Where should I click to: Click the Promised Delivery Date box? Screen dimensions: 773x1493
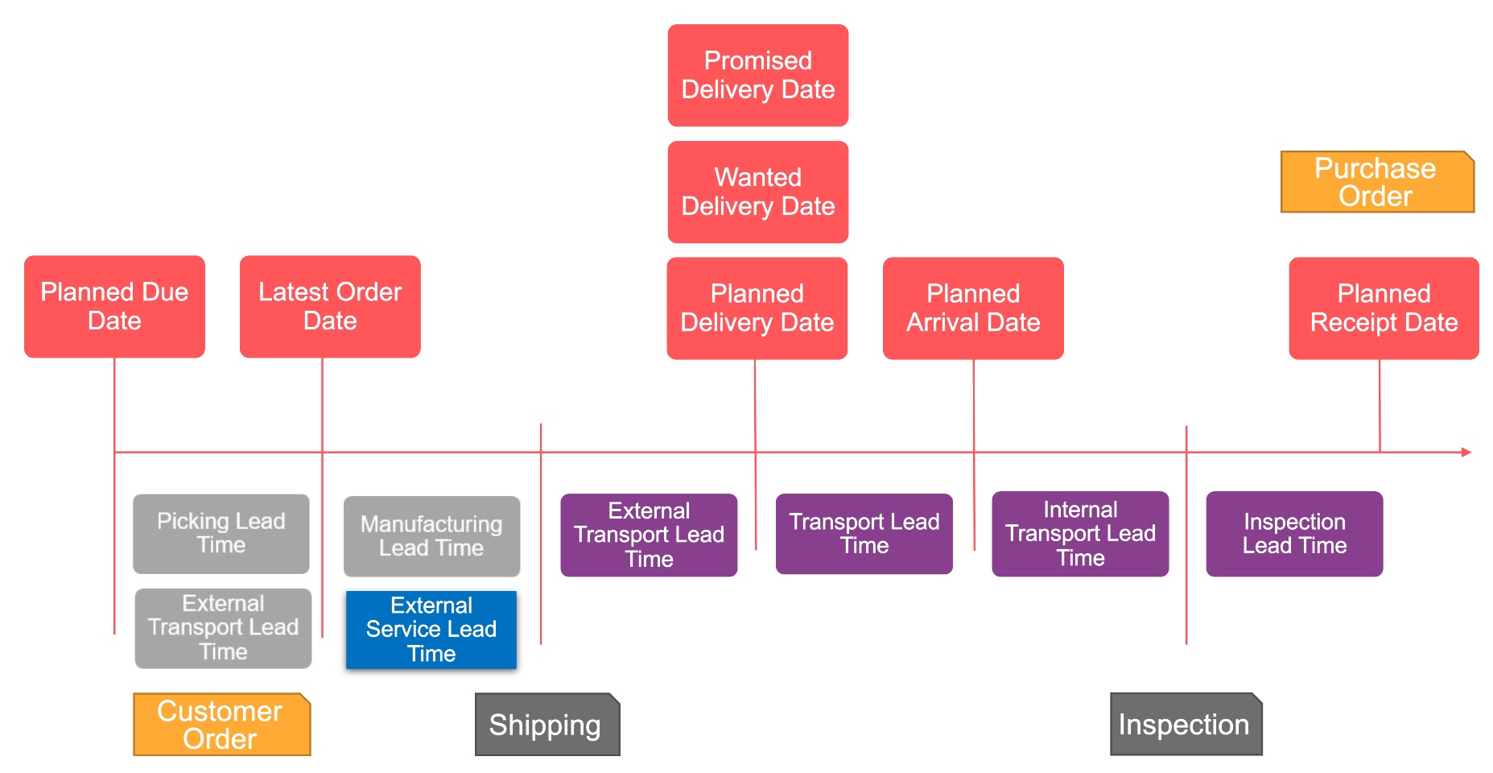click(757, 75)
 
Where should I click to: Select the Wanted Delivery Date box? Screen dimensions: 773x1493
click(757, 192)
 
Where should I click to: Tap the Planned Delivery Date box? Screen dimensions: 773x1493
click(757, 308)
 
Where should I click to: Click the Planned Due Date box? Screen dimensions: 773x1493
click(114, 306)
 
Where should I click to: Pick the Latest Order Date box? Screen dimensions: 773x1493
click(330, 306)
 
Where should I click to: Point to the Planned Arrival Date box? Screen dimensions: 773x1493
click(973, 308)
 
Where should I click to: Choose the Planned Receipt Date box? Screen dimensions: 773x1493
click(1384, 308)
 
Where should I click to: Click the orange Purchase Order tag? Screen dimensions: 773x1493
click(1376, 182)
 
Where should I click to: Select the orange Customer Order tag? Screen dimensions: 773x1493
click(221, 725)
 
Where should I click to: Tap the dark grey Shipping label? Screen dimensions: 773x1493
click(546, 725)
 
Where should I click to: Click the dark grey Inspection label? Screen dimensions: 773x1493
click(1186, 725)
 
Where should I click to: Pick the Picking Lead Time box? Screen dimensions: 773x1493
click(221, 533)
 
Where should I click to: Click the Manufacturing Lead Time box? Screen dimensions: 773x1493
click(431, 535)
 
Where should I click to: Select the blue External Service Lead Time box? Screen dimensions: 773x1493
click(431, 630)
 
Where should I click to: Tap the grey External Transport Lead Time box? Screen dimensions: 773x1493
click(223, 628)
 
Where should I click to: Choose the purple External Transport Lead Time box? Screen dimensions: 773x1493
click(649, 535)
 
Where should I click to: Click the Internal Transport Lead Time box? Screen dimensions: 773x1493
click(1080, 534)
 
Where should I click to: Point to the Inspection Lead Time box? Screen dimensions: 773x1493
click(1294, 534)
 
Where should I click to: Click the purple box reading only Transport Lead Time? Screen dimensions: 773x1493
click(864, 534)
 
